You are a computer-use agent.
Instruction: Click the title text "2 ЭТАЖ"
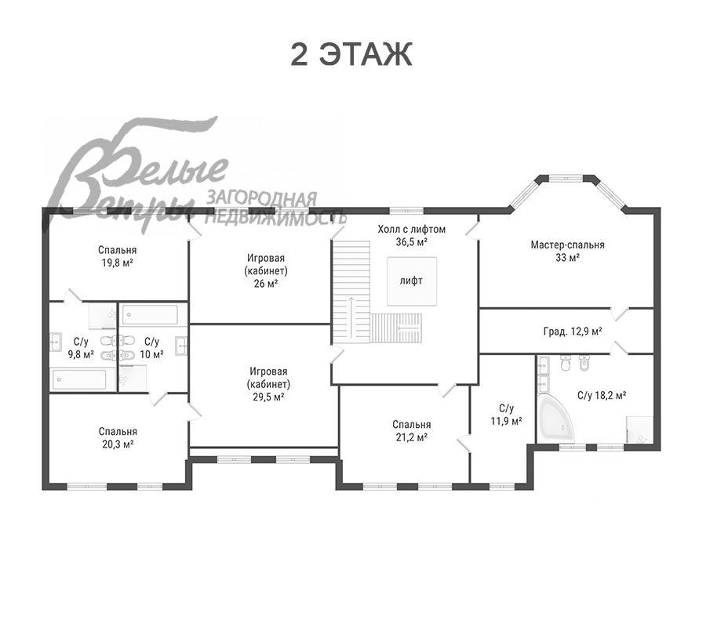click(351, 54)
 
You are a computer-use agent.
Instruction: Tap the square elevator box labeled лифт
click(412, 281)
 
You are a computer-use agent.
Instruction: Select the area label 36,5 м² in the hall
click(412, 242)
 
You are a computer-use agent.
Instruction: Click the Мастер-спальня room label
click(567, 245)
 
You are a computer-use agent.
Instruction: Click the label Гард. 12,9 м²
click(573, 332)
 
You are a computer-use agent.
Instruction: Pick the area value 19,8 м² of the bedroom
click(117, 263)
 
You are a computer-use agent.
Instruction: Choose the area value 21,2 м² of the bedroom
click(412, 437)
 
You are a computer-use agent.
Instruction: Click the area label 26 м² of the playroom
click(266, 284)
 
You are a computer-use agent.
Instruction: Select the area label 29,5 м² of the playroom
click(268, 397)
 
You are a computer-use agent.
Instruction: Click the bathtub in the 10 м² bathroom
click(151, 315)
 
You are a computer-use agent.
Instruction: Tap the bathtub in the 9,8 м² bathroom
click(79, 379)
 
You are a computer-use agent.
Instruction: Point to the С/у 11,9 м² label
click(506, 415)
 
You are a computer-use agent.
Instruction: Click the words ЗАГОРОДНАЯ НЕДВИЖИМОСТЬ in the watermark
click(275, 208)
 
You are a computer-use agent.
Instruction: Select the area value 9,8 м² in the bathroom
click(81, 354)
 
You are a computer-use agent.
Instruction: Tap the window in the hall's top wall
click(406, 210)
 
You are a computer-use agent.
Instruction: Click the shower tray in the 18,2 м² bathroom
click(640, 430)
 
